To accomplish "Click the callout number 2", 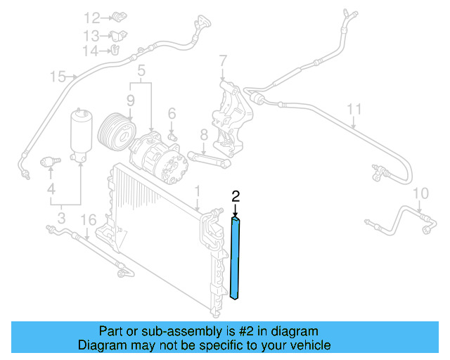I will [236, 196].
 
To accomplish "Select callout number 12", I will [92, 18].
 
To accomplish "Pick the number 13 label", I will [92, 35].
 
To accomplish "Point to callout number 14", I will [92, 51].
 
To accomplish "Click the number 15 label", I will [57, 76].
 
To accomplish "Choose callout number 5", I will [141, 70].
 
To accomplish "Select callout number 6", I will [171, 112].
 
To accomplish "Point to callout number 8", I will [203, 134].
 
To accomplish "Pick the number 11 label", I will [355, 109].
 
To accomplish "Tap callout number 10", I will [420, 193].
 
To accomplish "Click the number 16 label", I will [87, 221].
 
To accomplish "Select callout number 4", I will [51, 189].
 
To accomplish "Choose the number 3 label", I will [61, 219].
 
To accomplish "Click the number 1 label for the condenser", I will [198, 191].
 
